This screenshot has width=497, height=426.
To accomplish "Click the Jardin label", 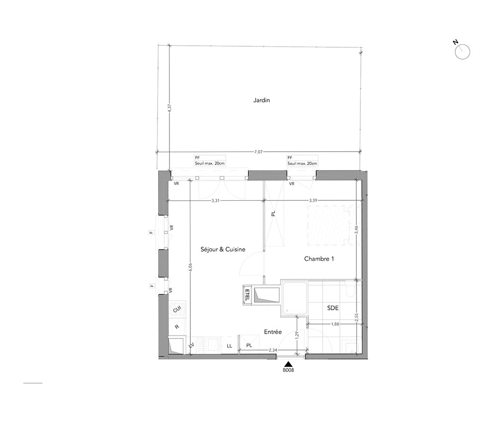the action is tap(261, 100).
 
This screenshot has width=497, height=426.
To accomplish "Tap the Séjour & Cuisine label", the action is tap(223, 250).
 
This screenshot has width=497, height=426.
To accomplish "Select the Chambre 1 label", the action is tap(319, 258).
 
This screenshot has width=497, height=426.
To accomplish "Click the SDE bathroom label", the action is tap(333, 308).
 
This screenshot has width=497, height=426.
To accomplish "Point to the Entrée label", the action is tap(273, 332).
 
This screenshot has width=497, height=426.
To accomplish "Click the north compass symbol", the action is tap(462, 51).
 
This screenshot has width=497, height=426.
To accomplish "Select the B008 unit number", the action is tap(288, 370).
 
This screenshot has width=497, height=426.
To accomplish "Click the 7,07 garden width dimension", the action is tap(258, 152).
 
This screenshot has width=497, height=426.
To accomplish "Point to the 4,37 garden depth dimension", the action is tap(169, 108).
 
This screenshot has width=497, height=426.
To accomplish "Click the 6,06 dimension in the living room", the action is tap(190, 268).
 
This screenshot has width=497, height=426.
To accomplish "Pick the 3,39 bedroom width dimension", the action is tap(313, 200).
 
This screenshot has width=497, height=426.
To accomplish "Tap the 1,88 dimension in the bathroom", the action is tap(335, 324).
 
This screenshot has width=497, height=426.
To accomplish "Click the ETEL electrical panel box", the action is tap(247, 295).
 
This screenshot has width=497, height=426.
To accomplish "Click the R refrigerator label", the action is tap(177, 327).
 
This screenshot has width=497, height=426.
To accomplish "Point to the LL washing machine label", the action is tap(229, 346).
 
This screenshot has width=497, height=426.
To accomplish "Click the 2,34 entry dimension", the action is tap(273, 350).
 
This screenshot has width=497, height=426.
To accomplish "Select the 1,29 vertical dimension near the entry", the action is tap(297, 336).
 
